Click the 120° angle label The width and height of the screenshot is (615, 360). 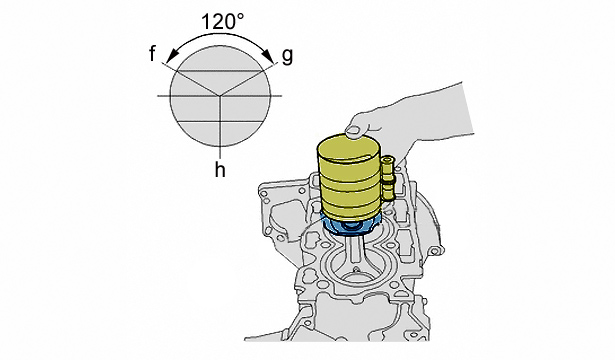(x=222, y=22)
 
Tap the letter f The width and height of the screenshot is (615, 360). (x=153, y=53)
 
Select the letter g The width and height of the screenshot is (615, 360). (x=287, y=56)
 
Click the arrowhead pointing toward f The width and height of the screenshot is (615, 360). (x=170, y=57)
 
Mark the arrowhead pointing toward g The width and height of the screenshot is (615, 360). (x=269, y=57)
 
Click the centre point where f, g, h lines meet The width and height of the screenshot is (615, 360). (x=220, y=96)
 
